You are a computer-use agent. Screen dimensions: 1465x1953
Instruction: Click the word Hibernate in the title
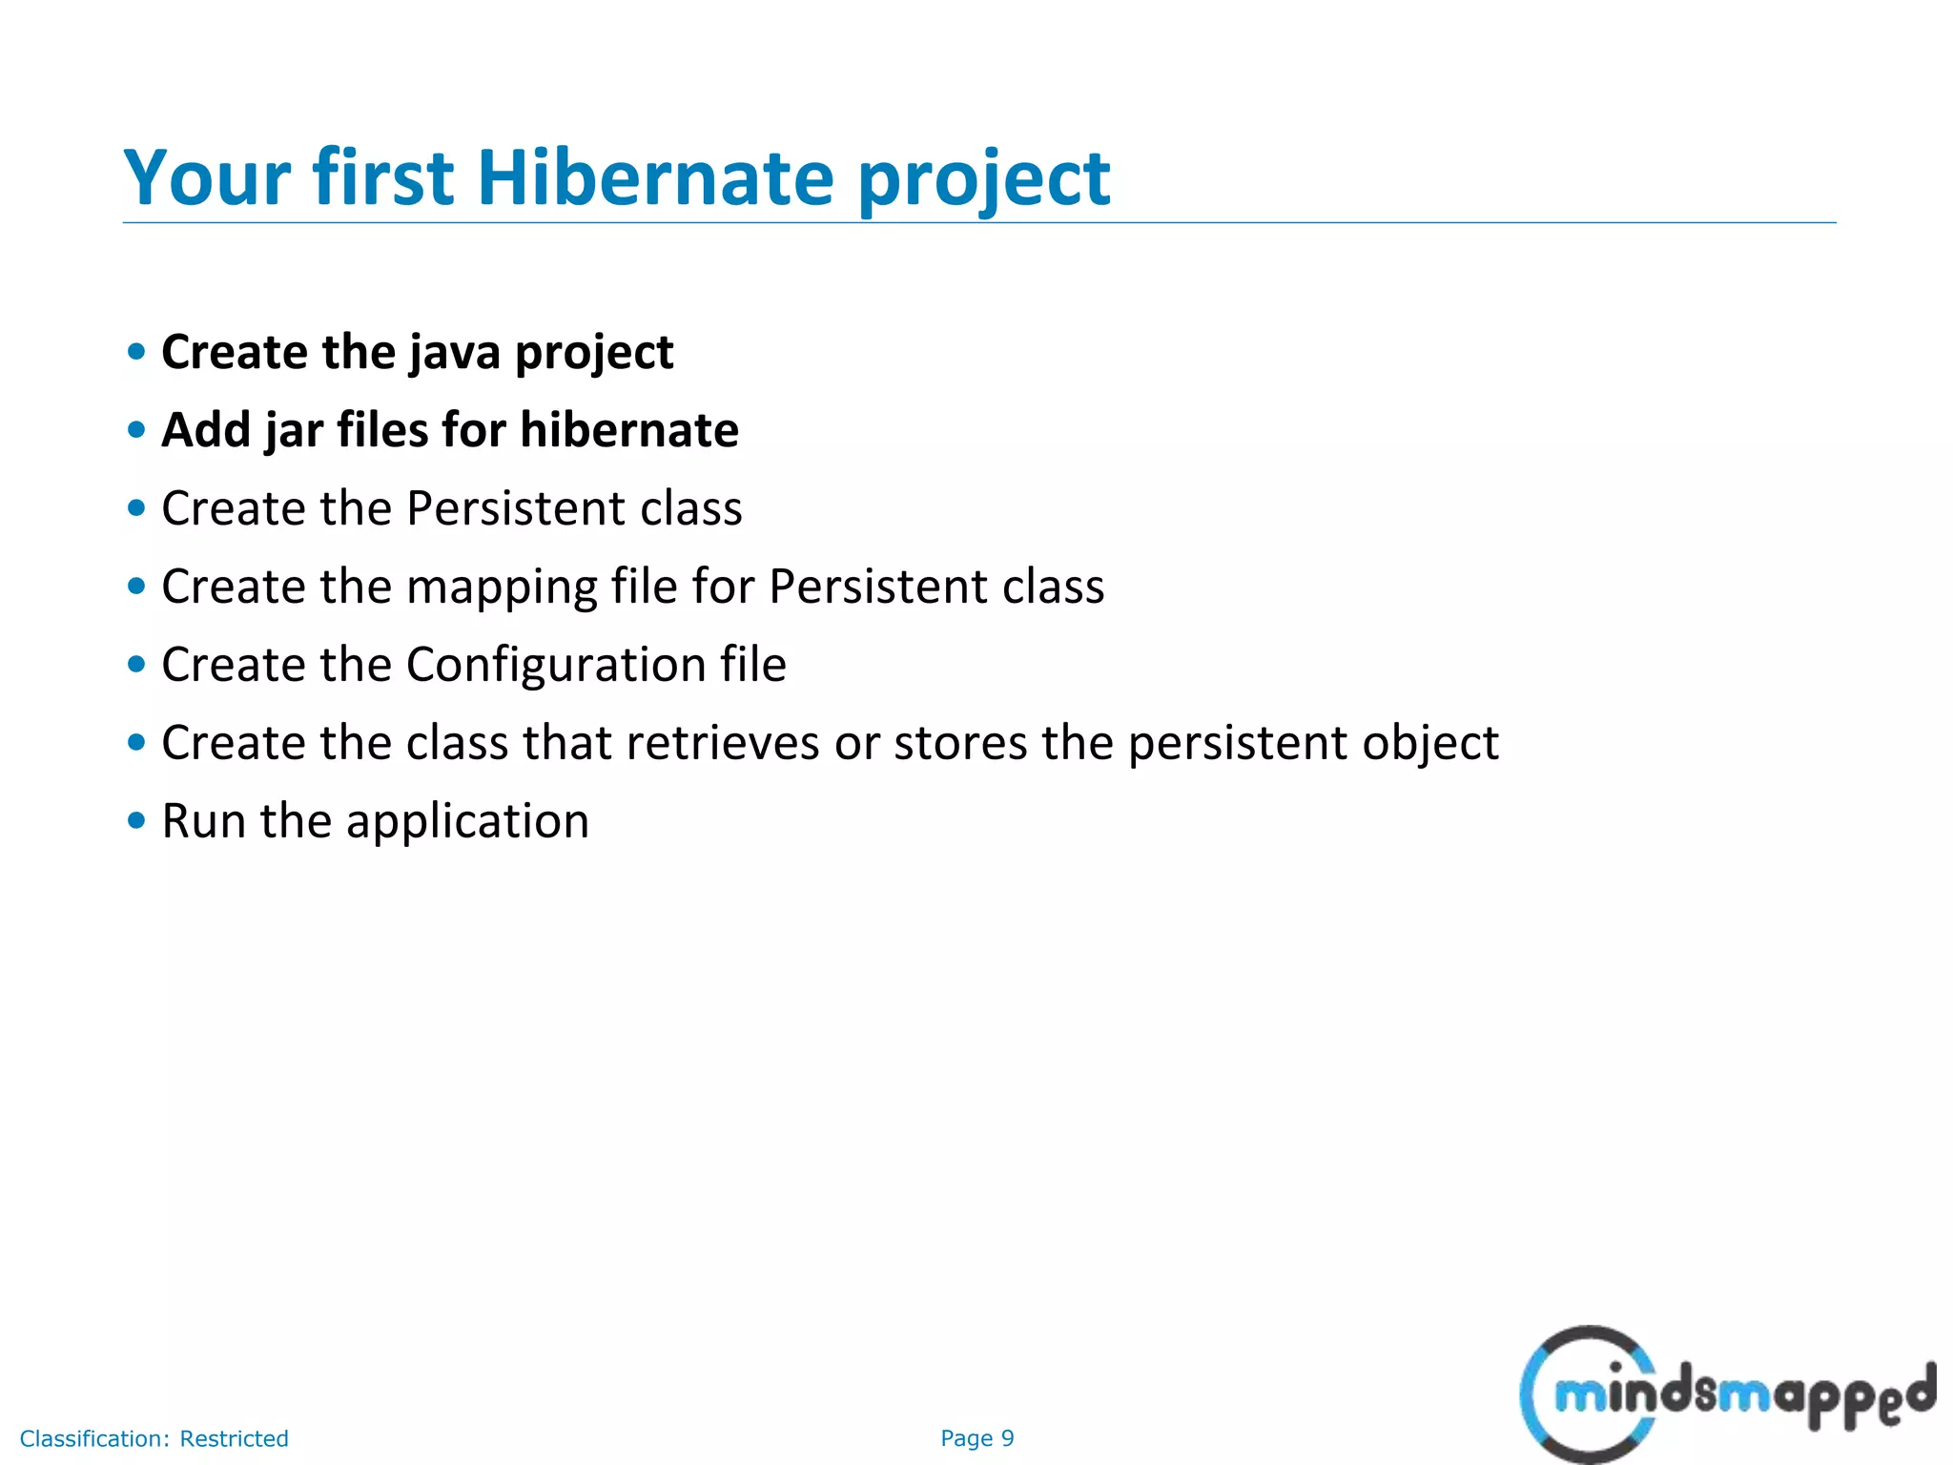[655, 178]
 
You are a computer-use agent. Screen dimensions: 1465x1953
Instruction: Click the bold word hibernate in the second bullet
[629, 430]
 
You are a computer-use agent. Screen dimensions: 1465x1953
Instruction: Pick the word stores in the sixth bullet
[959, 743]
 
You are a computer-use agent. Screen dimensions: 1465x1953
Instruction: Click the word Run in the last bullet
[202, 821]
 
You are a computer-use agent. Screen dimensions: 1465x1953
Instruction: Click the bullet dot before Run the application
[136, 820]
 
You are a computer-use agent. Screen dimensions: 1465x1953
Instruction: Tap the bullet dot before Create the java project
[136, 352]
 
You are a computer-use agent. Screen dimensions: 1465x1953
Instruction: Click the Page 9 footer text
[976, 1438]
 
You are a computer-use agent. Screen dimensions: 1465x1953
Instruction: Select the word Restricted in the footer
[234, 1438]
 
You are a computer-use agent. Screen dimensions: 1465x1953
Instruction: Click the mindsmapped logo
[1726, 1394]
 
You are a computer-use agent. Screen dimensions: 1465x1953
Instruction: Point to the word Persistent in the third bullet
[515, 508]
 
